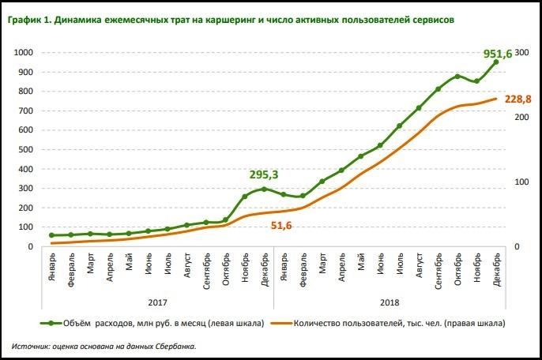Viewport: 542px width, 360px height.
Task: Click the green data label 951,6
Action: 498,54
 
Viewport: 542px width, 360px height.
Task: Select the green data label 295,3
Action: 265,174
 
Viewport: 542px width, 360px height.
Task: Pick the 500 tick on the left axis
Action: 25,150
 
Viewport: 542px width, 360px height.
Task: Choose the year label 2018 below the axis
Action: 389,301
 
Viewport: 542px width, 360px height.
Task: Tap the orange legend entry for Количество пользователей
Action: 395,323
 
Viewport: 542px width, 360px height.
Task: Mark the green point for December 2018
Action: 496,62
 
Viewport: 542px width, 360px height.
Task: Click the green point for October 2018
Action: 457,77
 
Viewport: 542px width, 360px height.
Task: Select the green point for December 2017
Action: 264,189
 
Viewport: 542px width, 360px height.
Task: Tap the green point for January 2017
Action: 51,235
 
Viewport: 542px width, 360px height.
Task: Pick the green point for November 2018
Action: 476,81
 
